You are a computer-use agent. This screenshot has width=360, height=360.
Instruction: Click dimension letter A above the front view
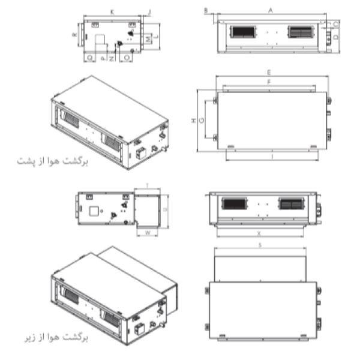point(271,10)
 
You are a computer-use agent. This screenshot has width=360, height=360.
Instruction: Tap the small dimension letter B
point(205,10)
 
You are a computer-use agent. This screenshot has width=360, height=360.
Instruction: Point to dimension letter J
point(149,12)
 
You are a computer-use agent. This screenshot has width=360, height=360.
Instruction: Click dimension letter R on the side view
point(74,35)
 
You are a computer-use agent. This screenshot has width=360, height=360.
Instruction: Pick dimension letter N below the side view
point(112,59)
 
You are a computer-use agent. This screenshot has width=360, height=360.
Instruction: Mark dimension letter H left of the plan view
point(193,121)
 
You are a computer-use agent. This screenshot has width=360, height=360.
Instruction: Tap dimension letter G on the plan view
point(202,120)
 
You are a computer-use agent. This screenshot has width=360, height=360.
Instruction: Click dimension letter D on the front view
point(336,37)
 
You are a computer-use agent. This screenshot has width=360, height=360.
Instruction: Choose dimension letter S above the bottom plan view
point(259,245)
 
